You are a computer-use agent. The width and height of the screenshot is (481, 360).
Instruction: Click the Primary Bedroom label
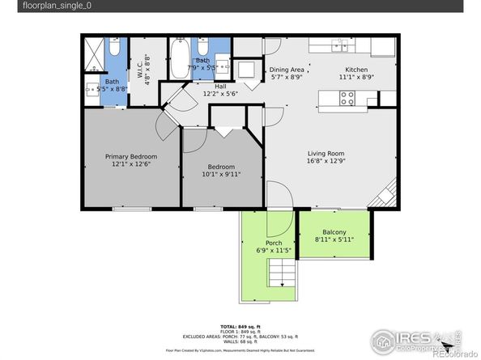pyautogui.click(x=130, y=156)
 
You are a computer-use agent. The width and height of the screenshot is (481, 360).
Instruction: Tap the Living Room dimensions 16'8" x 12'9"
pyautogui.click(x=326, y=162)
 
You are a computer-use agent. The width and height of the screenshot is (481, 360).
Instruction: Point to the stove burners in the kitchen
pyautogui.click(x=347, y=98)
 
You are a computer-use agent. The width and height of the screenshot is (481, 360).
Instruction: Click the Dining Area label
pyautogui.click(x=286, y=70)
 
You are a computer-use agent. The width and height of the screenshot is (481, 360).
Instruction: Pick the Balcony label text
pyautogui.click(x=334, y=232)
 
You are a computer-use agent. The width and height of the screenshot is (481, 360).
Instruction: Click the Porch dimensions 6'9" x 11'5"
pyautogui.click(x=267, y=251)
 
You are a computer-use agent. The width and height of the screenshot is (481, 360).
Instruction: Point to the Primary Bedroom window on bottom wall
pyautogui.click(x=130, y=209)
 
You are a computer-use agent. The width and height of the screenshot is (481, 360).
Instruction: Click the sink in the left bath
pyautogui.click(x=94, y=91)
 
